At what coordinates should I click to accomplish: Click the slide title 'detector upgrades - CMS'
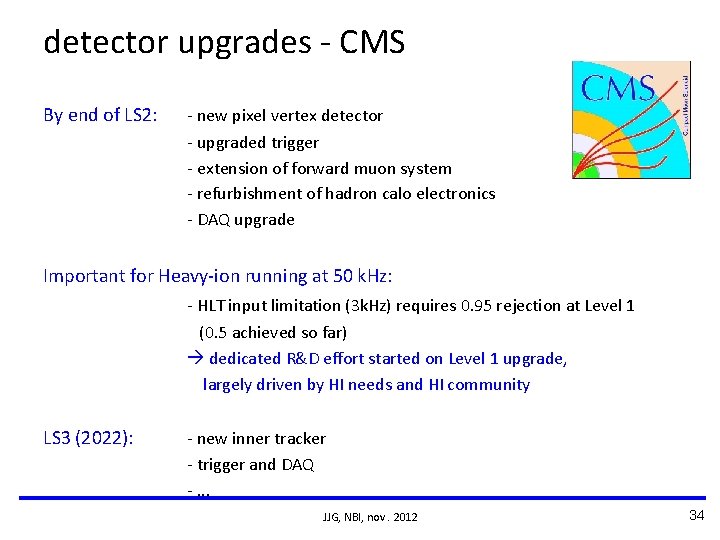tap(224, 42)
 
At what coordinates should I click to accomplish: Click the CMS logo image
tap(630, 120)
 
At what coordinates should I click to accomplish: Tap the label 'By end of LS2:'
tap(100, 115)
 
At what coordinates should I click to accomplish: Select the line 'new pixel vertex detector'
tap(289, 116)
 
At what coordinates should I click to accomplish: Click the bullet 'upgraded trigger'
tap(257, 143)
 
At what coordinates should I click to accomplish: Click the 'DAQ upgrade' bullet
tap(245, 220)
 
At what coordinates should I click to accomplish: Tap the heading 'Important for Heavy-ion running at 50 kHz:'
tap(217, 276)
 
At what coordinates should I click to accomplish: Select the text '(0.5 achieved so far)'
tap(272, 332)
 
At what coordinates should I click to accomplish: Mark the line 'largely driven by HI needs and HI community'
tap(366, 385)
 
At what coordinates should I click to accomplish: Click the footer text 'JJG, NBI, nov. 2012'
tap(370, 517)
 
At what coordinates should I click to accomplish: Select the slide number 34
tap(697, 515)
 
